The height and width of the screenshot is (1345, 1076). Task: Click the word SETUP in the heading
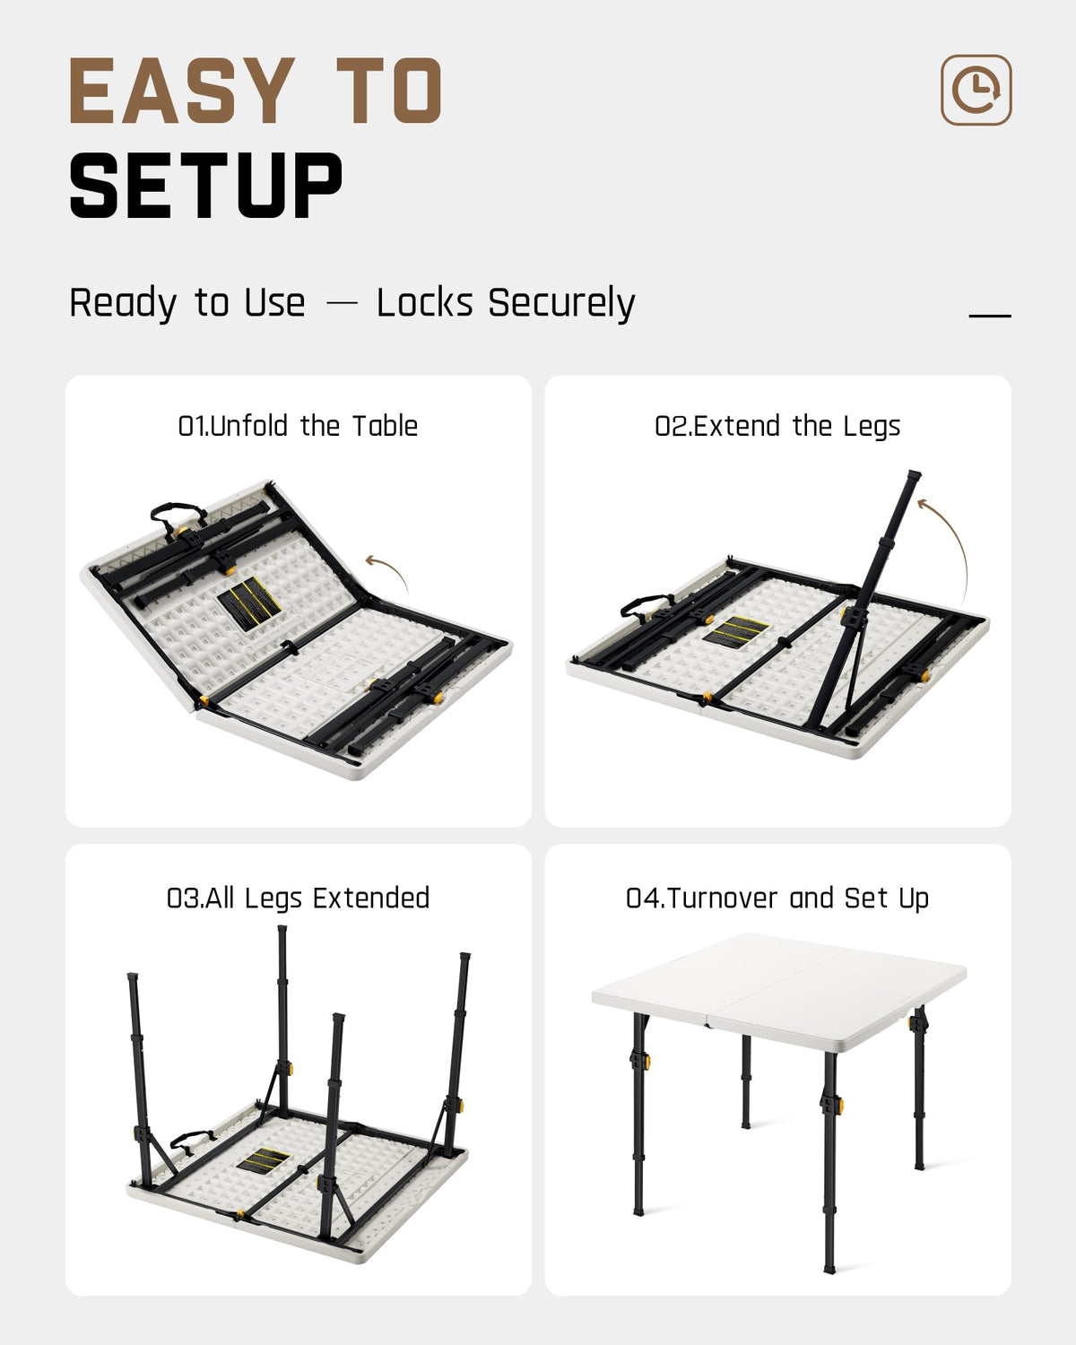(206, 186)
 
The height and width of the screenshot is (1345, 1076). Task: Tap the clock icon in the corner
(976, 90)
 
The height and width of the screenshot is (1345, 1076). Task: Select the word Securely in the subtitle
(561, 304)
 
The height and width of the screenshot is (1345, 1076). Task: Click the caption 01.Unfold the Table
(298, 426)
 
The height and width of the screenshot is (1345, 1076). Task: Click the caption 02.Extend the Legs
(777, 427)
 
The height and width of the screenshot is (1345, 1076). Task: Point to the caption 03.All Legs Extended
(298, 898)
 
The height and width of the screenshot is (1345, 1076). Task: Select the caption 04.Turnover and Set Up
(777, 898)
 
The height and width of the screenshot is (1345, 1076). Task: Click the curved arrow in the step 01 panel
(391, 568)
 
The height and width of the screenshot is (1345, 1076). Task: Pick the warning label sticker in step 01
(248, 603)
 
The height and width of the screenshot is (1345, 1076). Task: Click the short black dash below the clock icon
(990, 316)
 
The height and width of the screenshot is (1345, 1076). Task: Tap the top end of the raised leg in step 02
(915, 475)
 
